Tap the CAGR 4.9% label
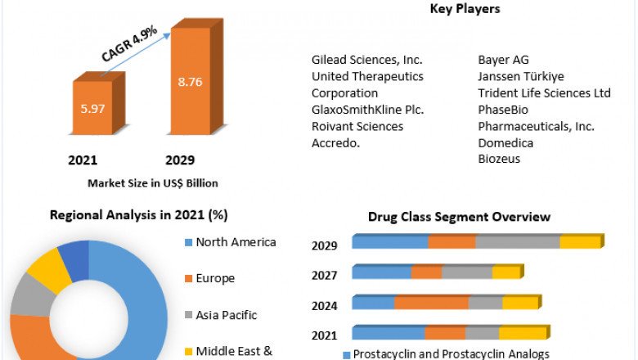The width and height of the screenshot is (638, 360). [130, 44]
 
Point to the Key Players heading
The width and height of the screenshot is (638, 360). [465, 9]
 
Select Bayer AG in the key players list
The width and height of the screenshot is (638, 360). [503, 60]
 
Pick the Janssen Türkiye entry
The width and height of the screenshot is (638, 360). [521, 76]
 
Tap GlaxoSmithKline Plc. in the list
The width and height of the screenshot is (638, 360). [367, 110]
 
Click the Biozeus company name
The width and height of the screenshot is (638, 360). [499, 159]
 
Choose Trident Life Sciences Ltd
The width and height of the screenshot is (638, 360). [544, 93]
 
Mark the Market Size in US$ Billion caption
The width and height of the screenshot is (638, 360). [153, 183]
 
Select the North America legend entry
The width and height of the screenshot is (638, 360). [235, 242]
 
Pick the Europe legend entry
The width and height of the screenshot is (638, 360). [214, 278]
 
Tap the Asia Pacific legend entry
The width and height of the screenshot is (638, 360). [226, 315]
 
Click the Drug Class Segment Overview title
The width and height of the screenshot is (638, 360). [459, 217]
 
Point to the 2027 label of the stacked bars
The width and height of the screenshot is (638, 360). [325, 275]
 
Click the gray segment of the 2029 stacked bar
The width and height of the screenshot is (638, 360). [517, 241]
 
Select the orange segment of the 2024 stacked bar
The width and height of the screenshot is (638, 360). [431, 303]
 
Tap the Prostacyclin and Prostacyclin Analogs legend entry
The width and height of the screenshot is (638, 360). [451, 354]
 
